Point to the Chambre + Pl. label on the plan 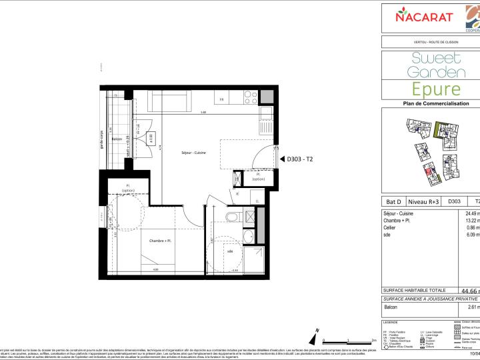click(160, 241)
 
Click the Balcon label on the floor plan click(117, 139)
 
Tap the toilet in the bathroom click(231, 218)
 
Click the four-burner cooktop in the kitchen click(251, 99)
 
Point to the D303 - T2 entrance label click(299, 159)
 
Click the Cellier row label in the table click(391, 228)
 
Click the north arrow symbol click(315, 335)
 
